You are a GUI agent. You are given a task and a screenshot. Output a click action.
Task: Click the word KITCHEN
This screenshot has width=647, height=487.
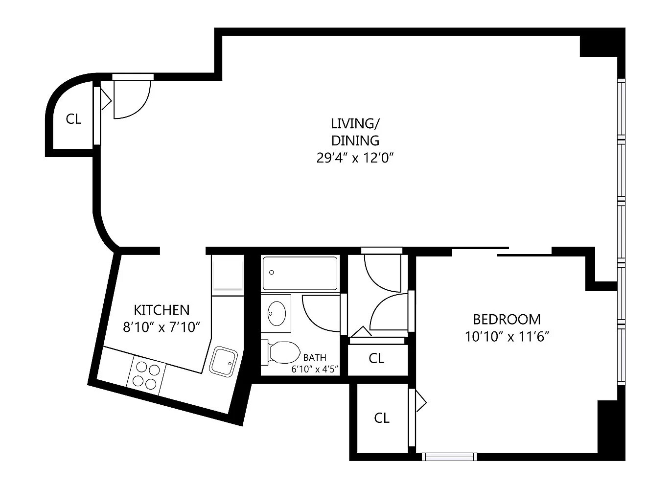pyautogui.click(x=162, y=310)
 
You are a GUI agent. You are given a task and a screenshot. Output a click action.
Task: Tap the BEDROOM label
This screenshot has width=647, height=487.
pyautogui.click(x=507, y=319)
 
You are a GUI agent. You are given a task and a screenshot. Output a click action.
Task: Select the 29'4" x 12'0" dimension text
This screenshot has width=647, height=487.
pyautogui.click(x=355, y=158)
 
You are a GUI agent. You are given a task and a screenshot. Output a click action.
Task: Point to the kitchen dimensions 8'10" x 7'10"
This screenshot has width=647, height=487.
pyautogui.click(x=162, y=327)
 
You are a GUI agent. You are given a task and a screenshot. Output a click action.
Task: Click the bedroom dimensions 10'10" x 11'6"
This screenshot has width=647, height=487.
pyautogui.click(x=507, y=336)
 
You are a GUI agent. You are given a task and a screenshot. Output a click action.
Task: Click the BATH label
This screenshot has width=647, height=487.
pyautogui.click(x=315, y=357)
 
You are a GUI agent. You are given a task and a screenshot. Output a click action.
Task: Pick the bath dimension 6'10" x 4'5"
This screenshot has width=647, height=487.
pyautogui.click(x=315, y=370)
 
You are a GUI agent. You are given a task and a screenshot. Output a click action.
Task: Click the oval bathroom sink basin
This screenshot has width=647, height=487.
pyautogui.click(x=277, y=313)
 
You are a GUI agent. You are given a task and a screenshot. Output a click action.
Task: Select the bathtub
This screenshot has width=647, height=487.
pyautogui.click(x=300, y=274)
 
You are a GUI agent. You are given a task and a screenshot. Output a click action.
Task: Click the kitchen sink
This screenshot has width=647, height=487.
pyautogui.click(x=223, y=362)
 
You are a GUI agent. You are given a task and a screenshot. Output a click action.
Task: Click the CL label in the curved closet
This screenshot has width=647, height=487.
pyautogui.click(x=73, y=119)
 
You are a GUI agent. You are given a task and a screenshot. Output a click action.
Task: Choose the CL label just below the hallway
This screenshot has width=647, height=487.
pyautogui.click(x=376, y=358)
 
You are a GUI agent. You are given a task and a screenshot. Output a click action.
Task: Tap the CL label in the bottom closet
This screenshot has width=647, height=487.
pyautogui.click(x=382, y=417)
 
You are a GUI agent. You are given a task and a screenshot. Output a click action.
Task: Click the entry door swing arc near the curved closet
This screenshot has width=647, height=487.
pyautogui.click(x=142, y=107)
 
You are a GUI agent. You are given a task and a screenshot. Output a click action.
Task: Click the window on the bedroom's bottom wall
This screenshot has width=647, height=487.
pyautogui.click(x=449, y=457)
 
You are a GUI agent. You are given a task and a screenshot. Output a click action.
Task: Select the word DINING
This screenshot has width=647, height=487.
pyautogui.click(x=355, y=140)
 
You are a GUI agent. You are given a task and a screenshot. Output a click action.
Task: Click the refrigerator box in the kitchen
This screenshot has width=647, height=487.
pyautogui.click(x=228, y=272)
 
